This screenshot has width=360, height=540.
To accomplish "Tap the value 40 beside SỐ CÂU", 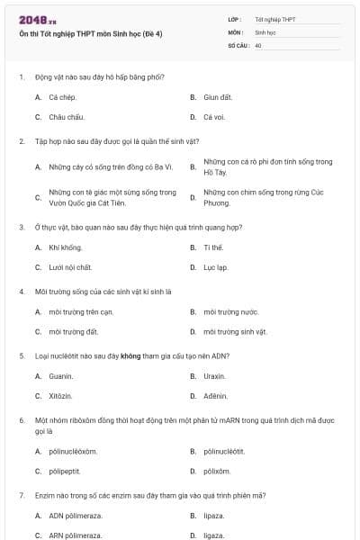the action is pyautogui.click(x=258, y=44).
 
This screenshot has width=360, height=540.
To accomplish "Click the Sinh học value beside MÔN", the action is pyautogui.click(x=265, y=31).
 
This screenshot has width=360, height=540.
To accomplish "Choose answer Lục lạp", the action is pyautogui.click(x=215, y=267).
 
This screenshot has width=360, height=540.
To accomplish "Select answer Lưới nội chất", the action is pyautogui.click(x=71, y=267).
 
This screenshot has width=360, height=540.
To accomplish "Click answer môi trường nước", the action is pyautogui.click(x=231, y=311).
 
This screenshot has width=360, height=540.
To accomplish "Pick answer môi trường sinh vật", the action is pyautogui.click(x=235, y=331).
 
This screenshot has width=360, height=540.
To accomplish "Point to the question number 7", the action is pyautogui.click(x=21, y=496).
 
